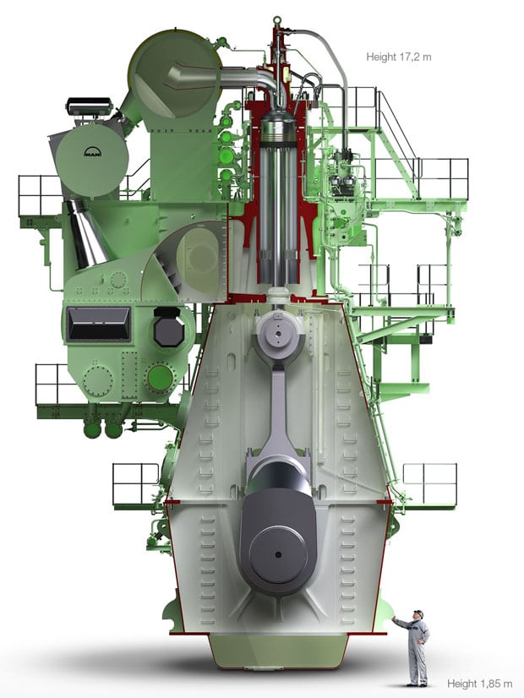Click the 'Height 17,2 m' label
tap(398, 57)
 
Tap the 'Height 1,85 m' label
tap(479, 684)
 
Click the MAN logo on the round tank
tap(93, 152)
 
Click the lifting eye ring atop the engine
tap(277, 20)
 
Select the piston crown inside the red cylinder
tap(278, 127)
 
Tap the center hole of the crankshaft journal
tap(278, 554)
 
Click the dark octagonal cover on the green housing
tap(169, 327)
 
